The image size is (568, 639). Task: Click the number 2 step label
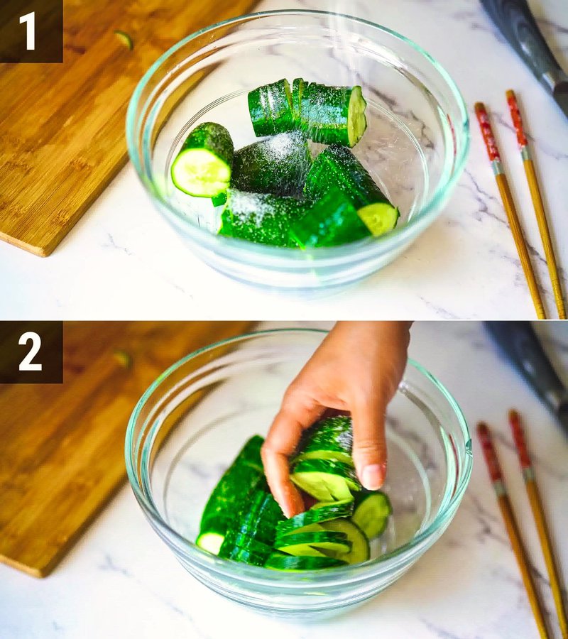(x=30, y=352)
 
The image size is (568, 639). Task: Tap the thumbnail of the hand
(x=374, y=476)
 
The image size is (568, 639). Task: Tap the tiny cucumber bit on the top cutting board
(x=124, y=40)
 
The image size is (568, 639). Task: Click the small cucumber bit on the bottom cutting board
(x=124, y=359)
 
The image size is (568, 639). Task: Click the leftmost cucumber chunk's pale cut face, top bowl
(x=200, y=173)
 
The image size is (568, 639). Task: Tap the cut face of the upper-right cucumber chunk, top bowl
(x=356, y=116)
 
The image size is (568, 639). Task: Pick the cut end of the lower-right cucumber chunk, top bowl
(x=378, y=218)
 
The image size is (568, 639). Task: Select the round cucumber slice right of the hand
(x=371, y=513)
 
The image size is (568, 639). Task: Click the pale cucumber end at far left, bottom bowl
(x=211, y=542)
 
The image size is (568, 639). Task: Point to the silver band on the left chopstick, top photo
(x=497, y=167)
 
